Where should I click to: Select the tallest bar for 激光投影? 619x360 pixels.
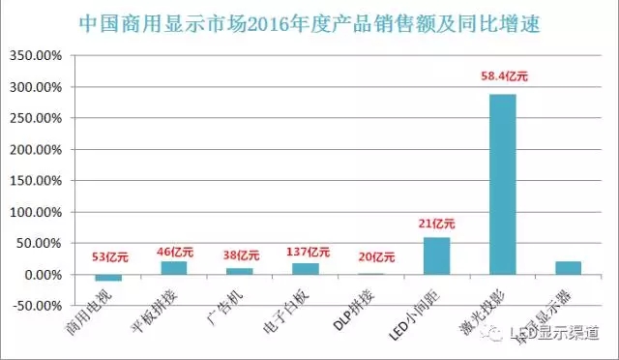pos(502,184)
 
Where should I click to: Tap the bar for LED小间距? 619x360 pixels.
pos(436,255)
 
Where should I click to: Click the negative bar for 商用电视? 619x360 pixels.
pos(108,278)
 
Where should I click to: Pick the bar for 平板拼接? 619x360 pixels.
pos(174,268)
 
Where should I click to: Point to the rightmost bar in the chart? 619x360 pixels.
pos(568,268)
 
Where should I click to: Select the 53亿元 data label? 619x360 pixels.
pos(108,256)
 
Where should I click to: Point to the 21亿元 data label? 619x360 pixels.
pos(436,223)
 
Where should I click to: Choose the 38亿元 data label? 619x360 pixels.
pos(239,257)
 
